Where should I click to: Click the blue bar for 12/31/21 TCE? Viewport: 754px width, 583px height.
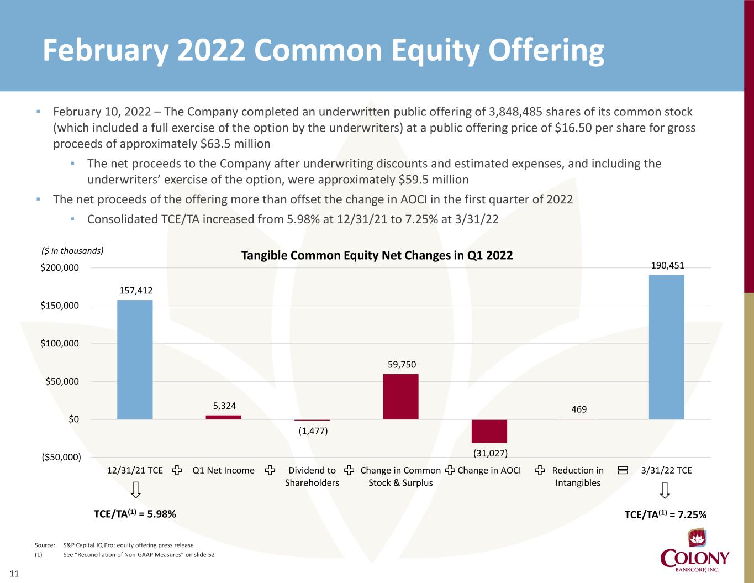tap(135, 359)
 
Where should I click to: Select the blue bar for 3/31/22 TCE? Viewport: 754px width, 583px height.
tap(666, 347)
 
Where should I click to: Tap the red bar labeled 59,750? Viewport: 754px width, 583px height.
tap(400, 396)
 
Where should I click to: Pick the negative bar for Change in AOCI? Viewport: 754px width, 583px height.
tap(489, 431)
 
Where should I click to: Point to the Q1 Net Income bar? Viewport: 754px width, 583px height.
tap(223, 417)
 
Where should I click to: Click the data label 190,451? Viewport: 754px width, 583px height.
tap(668, 266)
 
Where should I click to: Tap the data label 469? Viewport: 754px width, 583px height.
tap(579, 409)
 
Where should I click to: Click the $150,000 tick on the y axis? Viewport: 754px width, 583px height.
tap(60, 306)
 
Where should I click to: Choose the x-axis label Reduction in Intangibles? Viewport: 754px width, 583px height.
tap(578, 476)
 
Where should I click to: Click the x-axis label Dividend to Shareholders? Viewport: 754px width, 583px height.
tap(312, 476)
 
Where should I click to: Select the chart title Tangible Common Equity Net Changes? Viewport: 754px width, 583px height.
tap(377, 255)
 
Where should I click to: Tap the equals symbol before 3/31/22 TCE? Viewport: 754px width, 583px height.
tap(623, 471)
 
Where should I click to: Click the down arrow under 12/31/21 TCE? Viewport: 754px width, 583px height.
tap(135, 490)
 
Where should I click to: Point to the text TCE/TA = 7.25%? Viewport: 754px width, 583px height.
tap(665, 514)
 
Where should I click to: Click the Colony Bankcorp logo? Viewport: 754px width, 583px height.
tap(695, 553)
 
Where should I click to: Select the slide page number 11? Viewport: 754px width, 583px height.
tap(14, 574)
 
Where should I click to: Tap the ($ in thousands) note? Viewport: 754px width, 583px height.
tap(73, 251)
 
